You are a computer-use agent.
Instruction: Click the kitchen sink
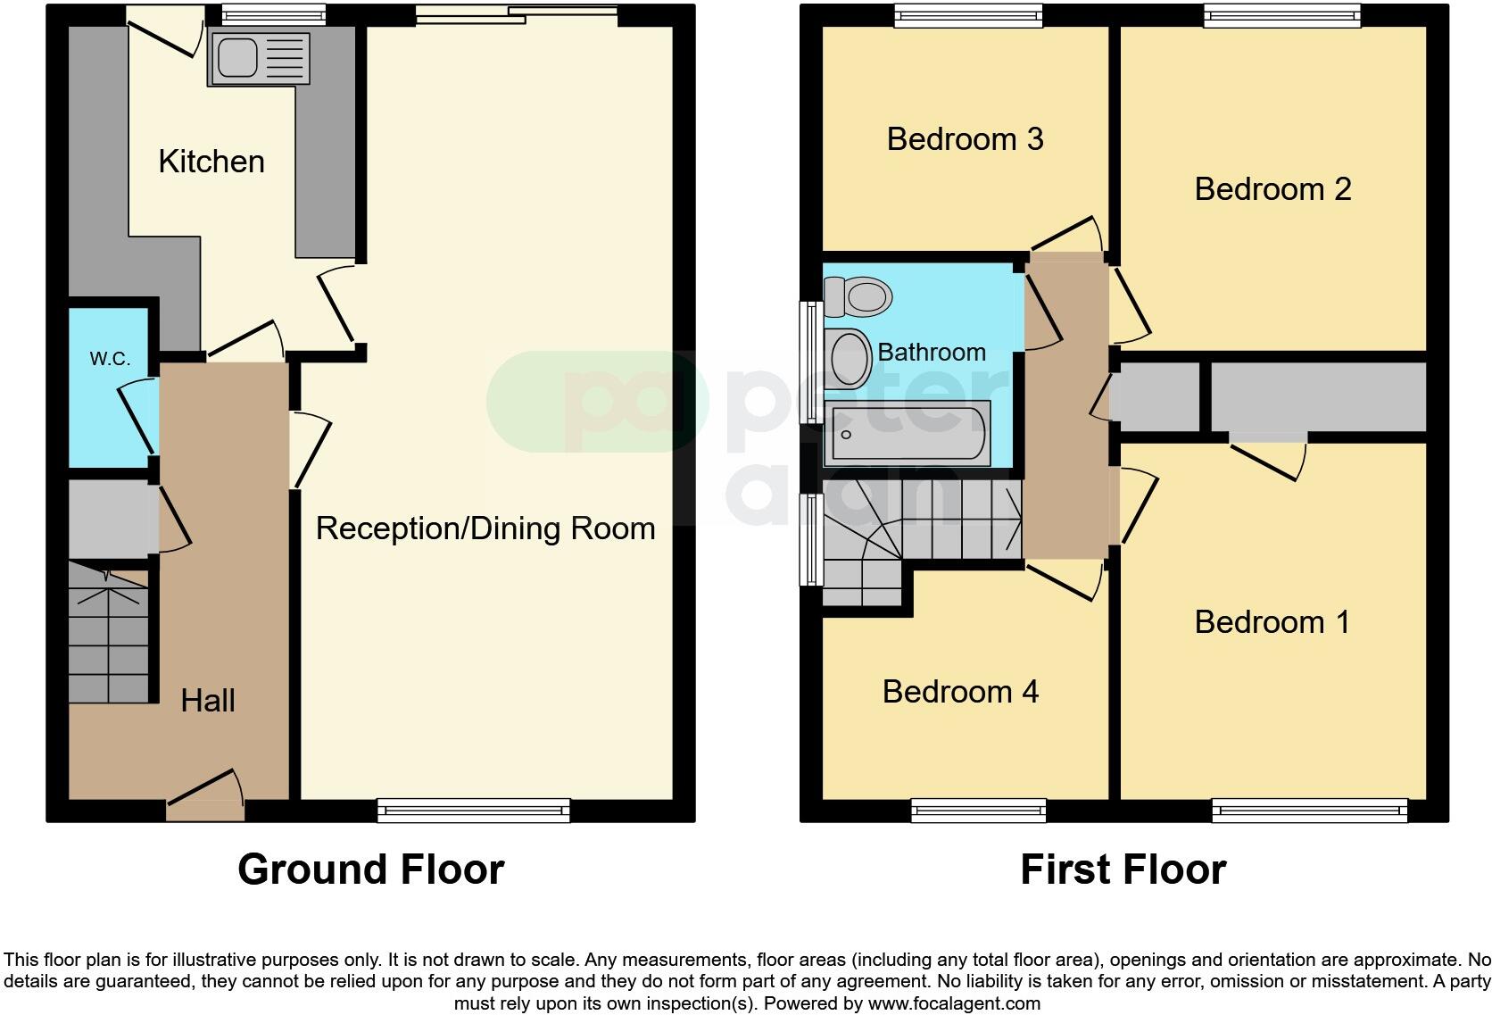tap(259, 59)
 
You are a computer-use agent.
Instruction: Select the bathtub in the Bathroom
tap(908, 434)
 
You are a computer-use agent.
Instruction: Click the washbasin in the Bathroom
tap(849, 359)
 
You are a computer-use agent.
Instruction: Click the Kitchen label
tap(211, 162)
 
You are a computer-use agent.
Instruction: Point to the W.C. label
tap(110, 359)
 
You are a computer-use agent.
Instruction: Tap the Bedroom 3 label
tap(965, 139)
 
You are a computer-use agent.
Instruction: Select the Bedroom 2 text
tap(1272, 189)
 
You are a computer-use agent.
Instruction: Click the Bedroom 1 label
tap(1272, 622)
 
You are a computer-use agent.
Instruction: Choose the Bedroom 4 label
tap(960, 692)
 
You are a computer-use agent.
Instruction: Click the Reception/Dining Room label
tap(485, 528)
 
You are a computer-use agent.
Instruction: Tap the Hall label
tap(208, 701)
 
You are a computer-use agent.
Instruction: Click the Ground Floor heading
tap(370, 869)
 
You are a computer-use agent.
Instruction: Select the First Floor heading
tap(1123, 869)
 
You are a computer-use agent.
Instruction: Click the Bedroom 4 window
tap(978, 811)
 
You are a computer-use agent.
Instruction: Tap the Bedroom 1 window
tap(1309, 811)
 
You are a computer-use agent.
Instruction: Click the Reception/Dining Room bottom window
tap(473, 811)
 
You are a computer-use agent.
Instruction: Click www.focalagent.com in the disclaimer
tap(953, 1003)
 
